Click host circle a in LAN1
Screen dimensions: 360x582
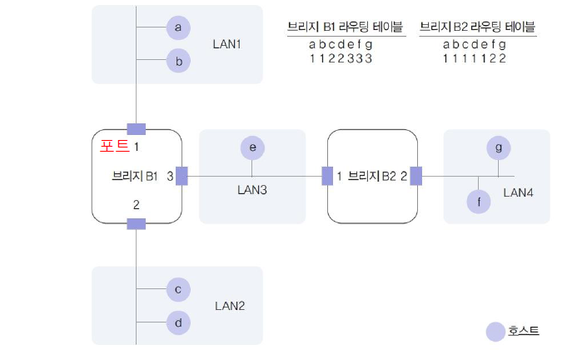pos(177,27)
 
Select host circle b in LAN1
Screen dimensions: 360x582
pos(177,60)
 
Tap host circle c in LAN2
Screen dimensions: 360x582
pos(177,289)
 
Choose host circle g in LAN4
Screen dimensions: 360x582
pos(498,147)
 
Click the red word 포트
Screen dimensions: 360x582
pos(112,144)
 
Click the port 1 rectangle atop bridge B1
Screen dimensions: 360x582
pos(136,128)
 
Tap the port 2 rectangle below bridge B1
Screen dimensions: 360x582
pos(136,222)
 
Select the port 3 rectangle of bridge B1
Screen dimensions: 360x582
pos(182,176)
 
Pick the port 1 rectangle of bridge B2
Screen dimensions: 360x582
pos(327,176)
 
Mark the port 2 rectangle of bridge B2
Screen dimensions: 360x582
pos(415,176)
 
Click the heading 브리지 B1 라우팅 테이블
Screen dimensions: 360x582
pos(346,26)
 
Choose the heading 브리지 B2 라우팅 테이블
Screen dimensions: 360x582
pos(477,26)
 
